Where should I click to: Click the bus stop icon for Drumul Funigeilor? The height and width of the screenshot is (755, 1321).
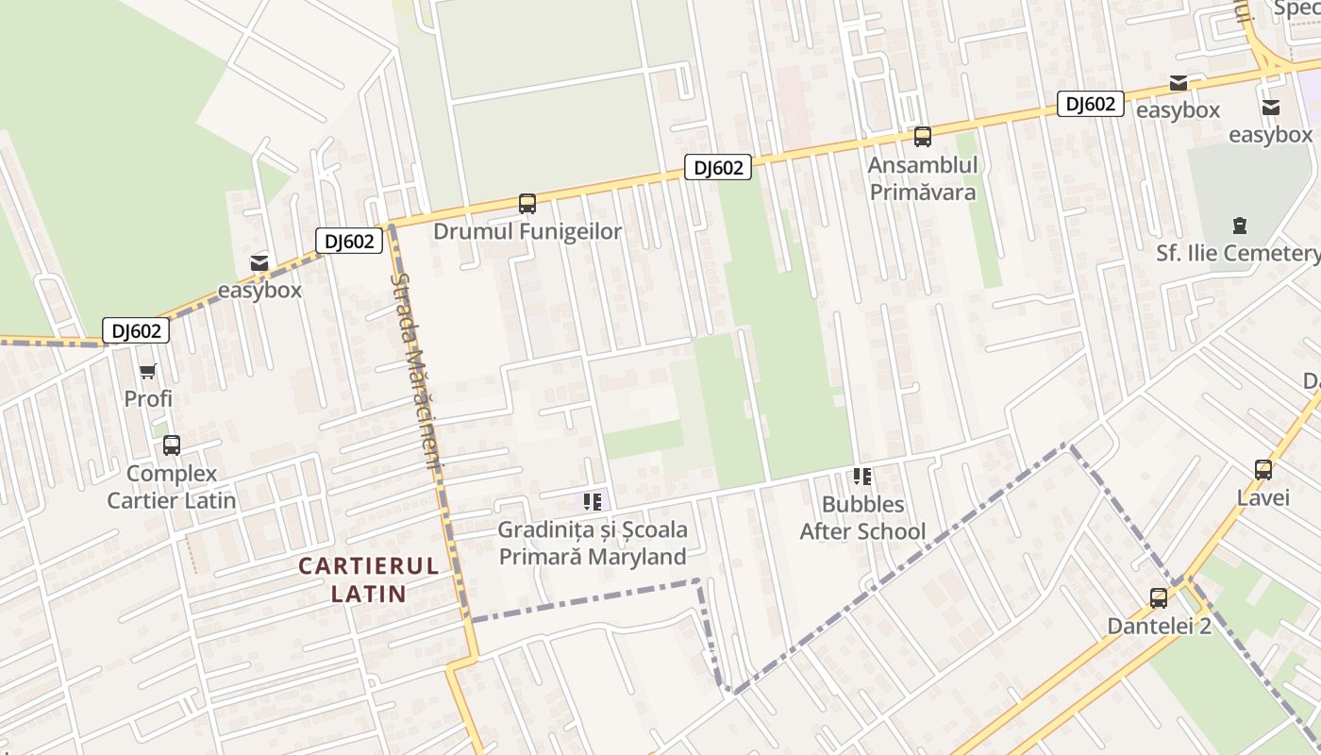point(527,203)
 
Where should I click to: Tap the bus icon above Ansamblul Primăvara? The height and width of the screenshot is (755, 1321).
point(923,136)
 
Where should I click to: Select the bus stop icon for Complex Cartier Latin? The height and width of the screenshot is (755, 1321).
point(171,445)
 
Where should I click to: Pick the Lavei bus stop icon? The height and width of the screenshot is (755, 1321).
point(1262,469)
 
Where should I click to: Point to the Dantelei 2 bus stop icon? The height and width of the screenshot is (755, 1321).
point(1159,597)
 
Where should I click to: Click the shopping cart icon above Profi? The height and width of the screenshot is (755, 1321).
point(147,371)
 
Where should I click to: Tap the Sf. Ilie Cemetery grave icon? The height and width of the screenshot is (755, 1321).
point(1239,225)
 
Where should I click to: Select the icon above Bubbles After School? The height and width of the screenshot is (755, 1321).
point(862,476)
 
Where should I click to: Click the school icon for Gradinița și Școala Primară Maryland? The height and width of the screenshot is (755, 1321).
point(593,501)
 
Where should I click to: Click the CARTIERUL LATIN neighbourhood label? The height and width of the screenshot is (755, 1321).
point(368,579)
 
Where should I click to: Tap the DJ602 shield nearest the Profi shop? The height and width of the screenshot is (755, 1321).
point(136,330)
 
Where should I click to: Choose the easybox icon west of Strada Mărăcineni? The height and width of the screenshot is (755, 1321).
point(259,262)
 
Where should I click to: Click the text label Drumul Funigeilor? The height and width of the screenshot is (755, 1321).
point(527,231)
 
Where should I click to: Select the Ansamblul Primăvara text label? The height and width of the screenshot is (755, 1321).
point(923,178)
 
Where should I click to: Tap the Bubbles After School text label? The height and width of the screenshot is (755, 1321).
point(862,518)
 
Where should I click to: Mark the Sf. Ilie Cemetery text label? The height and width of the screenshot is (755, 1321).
point(1238,253)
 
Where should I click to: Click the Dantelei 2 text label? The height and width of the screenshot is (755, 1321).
point(1159,626)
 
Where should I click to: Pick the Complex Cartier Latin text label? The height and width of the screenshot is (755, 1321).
point(171,487)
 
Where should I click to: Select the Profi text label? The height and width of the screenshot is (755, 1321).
point(148,398)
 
